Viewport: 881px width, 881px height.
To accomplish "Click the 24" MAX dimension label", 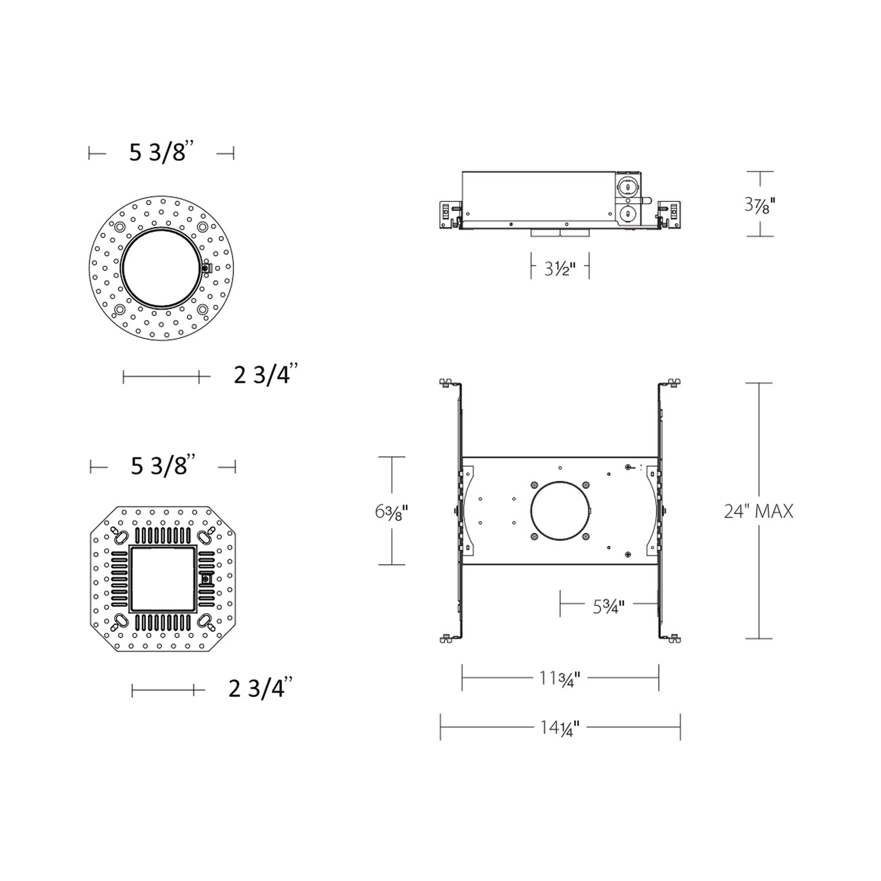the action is tap(758, 511).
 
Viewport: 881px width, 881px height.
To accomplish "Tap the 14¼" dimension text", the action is tap(560, 728).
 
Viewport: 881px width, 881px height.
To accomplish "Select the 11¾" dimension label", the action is tap(560, 678).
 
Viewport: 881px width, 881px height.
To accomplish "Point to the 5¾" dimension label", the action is tap(608, 606).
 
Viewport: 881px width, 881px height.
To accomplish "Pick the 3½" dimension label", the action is tap(559, 270).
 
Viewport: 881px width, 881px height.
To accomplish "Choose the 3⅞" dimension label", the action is tap(760, 205).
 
